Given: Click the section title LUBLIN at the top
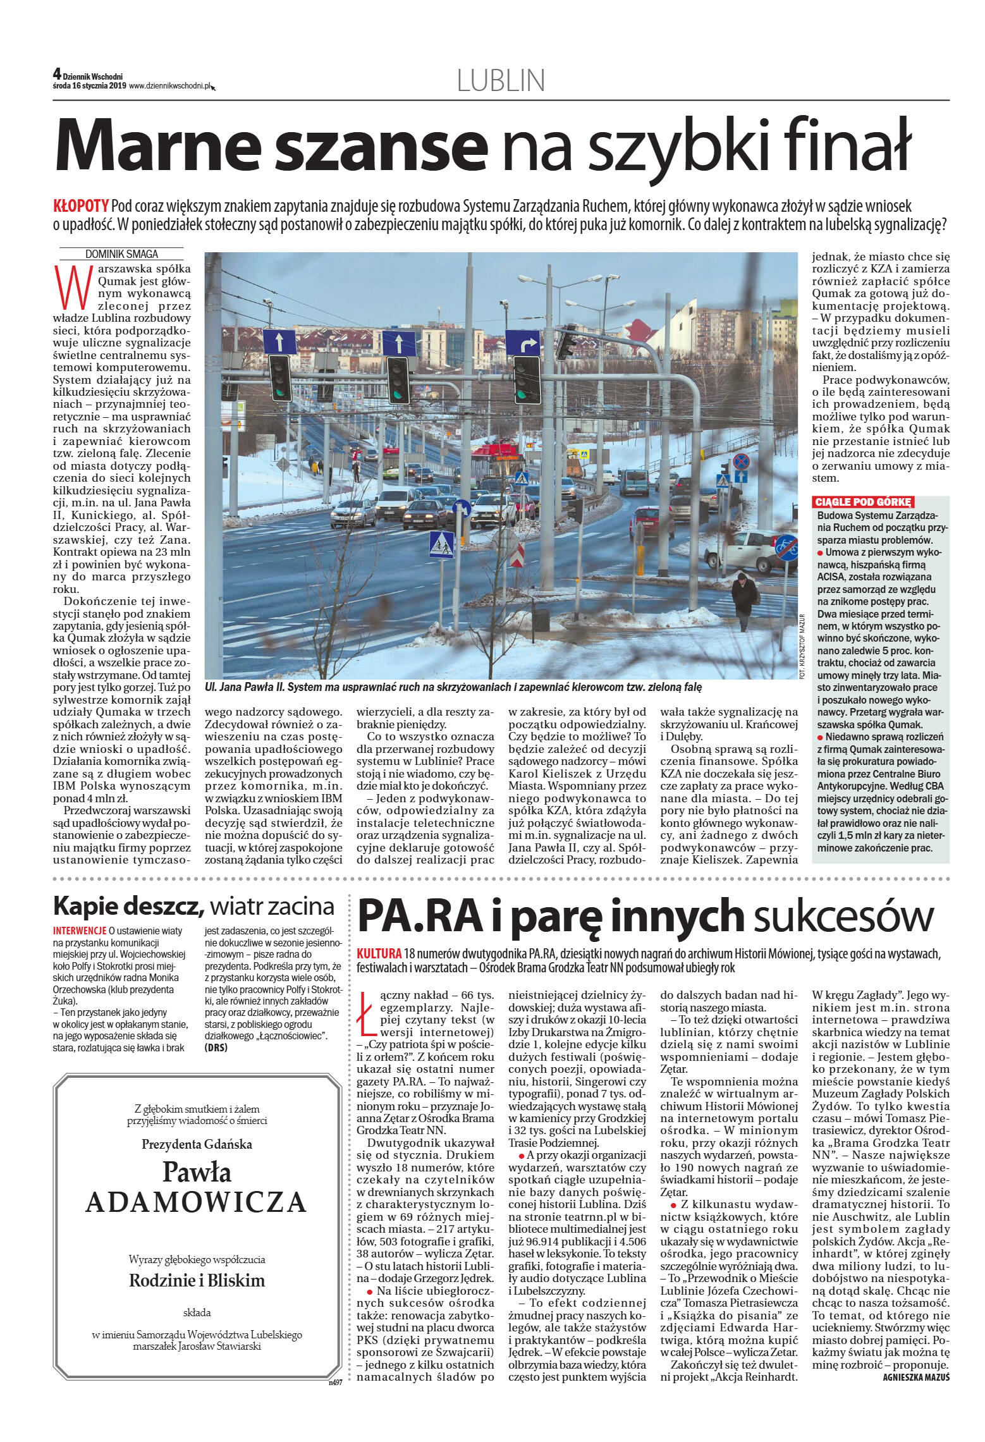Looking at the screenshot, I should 500,81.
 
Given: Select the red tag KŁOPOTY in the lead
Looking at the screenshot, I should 81,207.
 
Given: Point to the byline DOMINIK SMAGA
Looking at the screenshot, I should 121,254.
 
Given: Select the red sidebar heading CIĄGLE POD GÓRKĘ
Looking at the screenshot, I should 862,502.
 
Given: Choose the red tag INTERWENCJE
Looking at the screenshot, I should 80,931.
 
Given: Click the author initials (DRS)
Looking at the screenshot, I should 216,1048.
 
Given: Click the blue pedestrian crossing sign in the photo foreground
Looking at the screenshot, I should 441,544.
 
